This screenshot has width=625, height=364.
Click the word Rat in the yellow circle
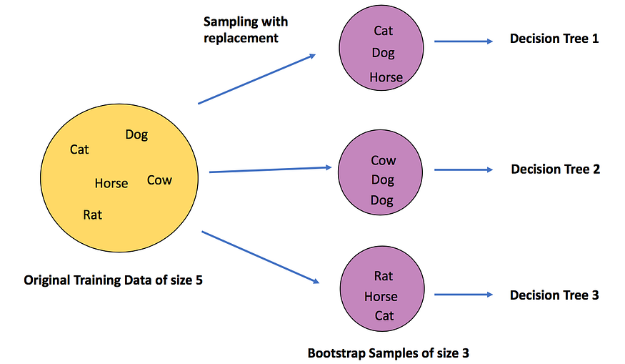(92, 215)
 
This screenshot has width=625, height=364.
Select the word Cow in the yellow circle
(159, 180)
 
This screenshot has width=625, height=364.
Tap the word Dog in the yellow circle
(136, 135)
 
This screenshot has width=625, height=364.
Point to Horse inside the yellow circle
(111, 183)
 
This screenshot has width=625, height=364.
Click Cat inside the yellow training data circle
(79, 149)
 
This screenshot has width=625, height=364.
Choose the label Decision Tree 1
(554, 39)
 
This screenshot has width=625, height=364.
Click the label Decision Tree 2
(556, 169)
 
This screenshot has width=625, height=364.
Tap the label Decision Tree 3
(554, 295)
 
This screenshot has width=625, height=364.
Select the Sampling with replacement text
(246, 29)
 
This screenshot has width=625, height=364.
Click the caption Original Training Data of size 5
(113, 280)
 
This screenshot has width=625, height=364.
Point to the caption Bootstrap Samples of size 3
(389, 353)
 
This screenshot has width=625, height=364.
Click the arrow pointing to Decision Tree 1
(464, 41)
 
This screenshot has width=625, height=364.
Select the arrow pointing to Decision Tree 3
(464, 295)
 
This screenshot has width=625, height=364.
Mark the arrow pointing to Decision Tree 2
(464, 169)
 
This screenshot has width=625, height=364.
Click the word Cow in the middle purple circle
(384, 160)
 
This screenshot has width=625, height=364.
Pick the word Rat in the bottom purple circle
(384, 276)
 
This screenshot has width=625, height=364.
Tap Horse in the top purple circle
(386, 77)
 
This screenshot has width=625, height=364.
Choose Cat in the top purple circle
(384, 31)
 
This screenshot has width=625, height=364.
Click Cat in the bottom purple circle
(384, 315)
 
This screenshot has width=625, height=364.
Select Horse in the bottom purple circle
(381, 297)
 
